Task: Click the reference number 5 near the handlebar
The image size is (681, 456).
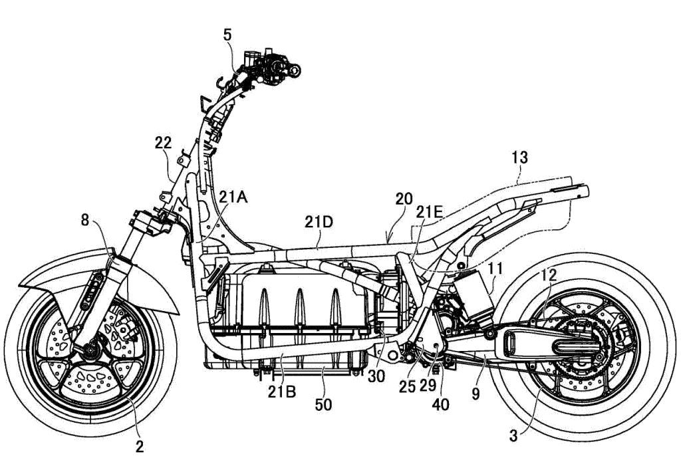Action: point(228,35)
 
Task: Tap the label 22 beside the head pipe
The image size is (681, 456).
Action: point(163,142)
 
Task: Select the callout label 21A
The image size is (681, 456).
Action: point(234,196)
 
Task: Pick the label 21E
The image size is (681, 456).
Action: point(429,211)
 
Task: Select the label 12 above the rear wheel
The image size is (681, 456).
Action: point(549,274)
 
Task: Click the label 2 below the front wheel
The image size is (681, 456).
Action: point(140,445)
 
